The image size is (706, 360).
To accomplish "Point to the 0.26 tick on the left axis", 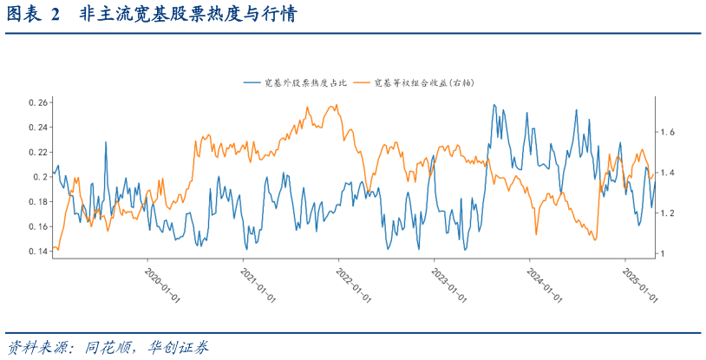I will click(x=37, y=103).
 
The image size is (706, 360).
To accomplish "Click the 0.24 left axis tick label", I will click(x=37, y=128).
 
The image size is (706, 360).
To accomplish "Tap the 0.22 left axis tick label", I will click(x=37, y=153).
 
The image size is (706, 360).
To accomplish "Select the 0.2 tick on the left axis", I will click(x=41, y=177).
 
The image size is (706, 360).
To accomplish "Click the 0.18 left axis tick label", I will click(x=37, y=202).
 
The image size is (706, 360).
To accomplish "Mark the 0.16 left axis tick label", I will click(x=37, y=227).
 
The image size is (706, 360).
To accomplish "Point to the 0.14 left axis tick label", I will click(x=37, y=252).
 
